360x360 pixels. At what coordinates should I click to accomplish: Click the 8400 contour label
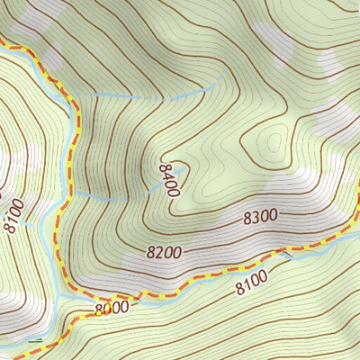coord(170,180)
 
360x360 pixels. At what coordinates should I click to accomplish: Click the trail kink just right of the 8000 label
coord(139,294)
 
